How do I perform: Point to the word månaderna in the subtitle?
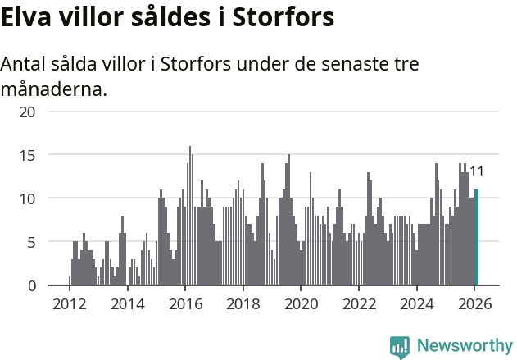click(53, 89)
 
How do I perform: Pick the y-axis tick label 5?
click(31, 242)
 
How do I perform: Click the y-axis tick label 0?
click(31, 285)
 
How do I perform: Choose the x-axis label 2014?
click(127, 303)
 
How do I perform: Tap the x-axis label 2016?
click(185, 303)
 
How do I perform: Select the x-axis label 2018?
click(243, 303)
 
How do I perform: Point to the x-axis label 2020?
click(301, 303)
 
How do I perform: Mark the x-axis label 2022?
click(359, 303)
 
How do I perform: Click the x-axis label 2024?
click(417, 303)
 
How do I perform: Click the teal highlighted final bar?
click(477, 238)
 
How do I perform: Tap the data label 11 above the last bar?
click(476, 172)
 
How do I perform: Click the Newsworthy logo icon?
click(400, 347)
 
